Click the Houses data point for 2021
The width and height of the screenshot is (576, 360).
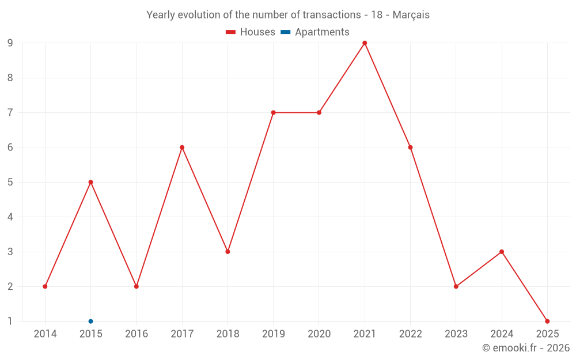[x=365, y=43]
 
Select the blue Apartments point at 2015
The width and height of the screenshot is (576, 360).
[x=90, y=321]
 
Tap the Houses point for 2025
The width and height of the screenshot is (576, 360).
[x=547, y=321]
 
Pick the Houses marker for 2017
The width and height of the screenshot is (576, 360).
[x=182, y=147]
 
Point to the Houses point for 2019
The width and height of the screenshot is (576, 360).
[x=273, y=112]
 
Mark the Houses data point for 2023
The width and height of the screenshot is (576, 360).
[x=456, y=286]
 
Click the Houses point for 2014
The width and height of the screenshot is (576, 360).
[x=45, y=286]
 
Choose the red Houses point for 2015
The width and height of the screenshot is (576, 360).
[x=90, y=182]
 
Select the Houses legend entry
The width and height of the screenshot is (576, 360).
[x=251, y=32]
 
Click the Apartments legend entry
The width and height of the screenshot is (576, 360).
[x=316, y=32]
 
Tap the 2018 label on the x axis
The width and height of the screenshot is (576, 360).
[x=228, y=334]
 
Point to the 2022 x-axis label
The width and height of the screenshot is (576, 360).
[x=410, y=334]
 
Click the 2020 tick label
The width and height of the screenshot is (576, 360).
[x=319, y=334]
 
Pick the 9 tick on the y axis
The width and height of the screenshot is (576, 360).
[x=10, y=43]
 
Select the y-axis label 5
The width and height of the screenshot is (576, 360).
[x=10, y=182]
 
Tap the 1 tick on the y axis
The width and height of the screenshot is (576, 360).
[x=10, y=321]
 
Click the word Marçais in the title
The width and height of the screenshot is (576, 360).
[x=411, y=15]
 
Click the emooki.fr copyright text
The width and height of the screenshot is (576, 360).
[x=525, y=348]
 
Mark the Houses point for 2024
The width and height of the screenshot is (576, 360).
[x=502, y=252]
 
